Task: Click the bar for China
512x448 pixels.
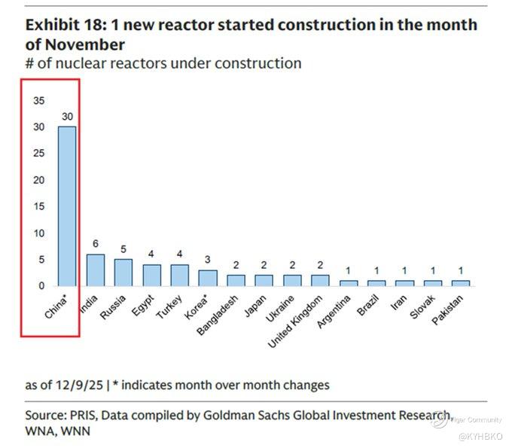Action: (x=66, y=206)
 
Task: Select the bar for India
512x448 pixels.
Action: (x=95, y=270)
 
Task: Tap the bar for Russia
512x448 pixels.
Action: (x=123, y=273)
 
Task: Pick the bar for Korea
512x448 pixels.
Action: (x=207, y=278)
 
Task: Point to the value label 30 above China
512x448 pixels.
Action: (x=66, y=118)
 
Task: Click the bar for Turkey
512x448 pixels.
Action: (x=179, y=275)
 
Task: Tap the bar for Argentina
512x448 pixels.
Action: (x=348, y=283)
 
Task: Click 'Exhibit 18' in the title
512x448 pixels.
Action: (x=62, y=25)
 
